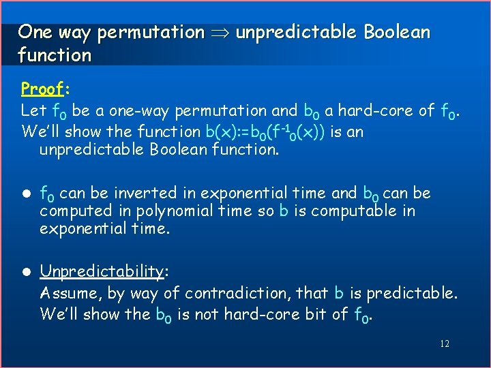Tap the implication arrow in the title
pyautogui.click(x=220, y=32)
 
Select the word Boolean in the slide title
pyautogui.click(x=397, y=32)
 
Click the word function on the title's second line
pyautogui.click(x=55, y=55)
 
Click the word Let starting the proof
pyautogui.click(x=34, y=110)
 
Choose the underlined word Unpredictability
pyautogui.click(x=102, y=272)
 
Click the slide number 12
pyautogui.click(x=444, y=344)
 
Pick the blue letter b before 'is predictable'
pyautogui.click(x=339, y=293)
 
